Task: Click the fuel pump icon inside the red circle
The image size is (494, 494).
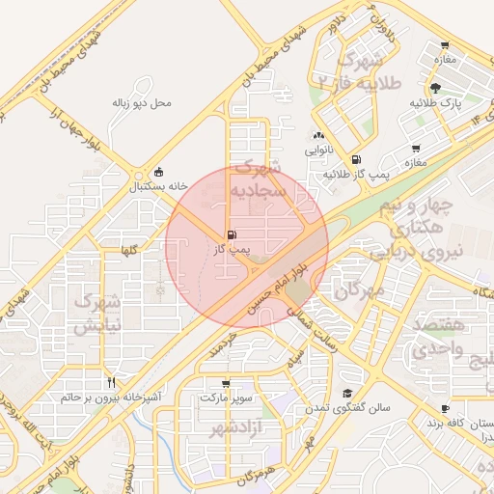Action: [230, 234]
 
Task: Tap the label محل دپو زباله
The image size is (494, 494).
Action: [142, 101]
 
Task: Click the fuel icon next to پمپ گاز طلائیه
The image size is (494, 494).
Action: [357, 159]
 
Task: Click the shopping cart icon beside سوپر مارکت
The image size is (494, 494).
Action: [226, 382]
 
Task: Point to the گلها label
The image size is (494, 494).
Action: [128, 251]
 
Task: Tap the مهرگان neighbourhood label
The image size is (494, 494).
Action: [359, 288]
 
